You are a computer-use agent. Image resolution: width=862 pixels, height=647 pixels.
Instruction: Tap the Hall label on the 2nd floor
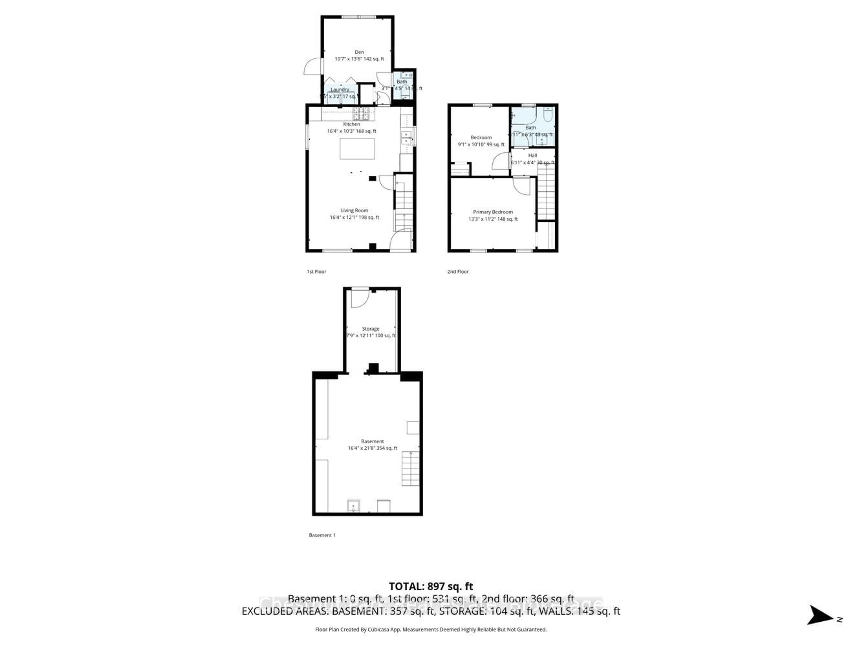(532, 155)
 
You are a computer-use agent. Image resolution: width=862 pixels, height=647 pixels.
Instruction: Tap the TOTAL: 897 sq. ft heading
(431, 587)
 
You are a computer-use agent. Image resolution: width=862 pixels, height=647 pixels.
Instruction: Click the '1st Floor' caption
(316, 272)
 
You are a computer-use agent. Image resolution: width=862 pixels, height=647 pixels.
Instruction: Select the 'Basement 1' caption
(322, 535)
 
